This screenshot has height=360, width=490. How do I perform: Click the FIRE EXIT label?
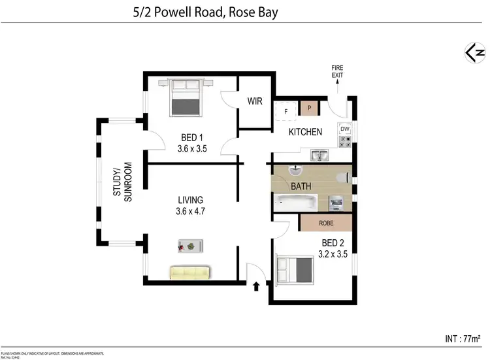coord(337,71)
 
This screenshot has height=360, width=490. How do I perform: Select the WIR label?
coord(255,101)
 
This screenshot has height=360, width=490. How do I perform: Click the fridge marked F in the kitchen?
coord(286,111)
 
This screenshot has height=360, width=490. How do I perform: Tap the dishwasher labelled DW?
coord(345,129)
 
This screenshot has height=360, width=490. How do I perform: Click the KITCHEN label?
coord(306,132)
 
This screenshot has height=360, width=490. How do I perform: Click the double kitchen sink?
coord(319,155)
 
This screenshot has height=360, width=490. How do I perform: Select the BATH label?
coord(301,186)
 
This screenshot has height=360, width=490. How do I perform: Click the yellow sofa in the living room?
coord(189,271)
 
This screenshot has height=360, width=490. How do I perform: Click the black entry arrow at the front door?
coord(256,286)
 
